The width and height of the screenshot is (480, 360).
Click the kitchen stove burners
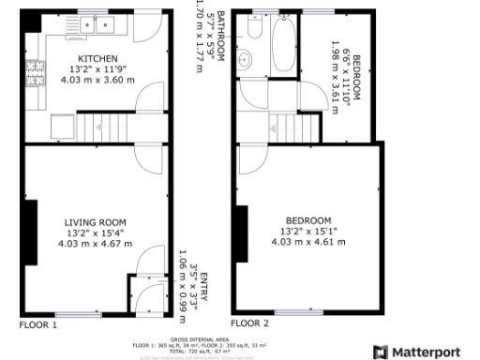(38, 70)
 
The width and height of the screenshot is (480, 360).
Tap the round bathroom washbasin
(246, 61)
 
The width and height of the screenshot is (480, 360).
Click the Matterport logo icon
(380, 352)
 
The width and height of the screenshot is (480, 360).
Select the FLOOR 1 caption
(38, 324)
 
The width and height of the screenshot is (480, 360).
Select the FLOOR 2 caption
(250, 322)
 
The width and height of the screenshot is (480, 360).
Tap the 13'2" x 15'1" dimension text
(308, 232)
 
